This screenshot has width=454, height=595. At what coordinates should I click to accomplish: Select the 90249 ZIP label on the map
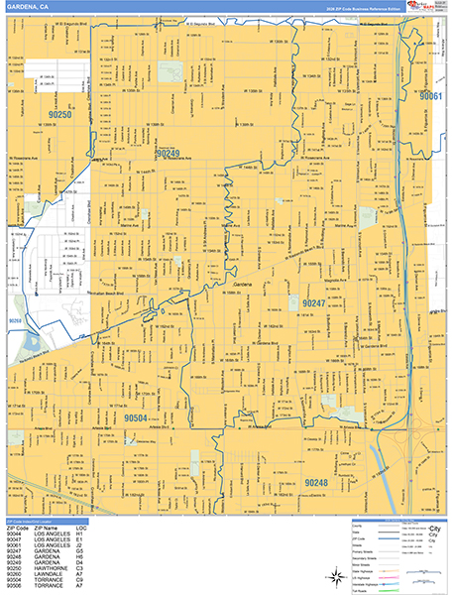pyautogui.click(x=167, y=154)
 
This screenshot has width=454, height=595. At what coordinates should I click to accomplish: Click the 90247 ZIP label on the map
pyautogui.click(x=314, y=301)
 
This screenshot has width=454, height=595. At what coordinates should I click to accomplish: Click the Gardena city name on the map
pyautogui.click(x=243, y=286)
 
